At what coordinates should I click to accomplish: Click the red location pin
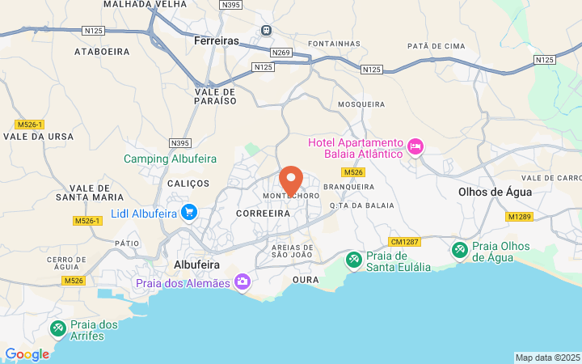291,180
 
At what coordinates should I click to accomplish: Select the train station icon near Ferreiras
265,31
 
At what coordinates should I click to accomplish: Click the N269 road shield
281,53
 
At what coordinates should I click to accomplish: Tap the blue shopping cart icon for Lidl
189,213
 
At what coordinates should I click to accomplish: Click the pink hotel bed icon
415,146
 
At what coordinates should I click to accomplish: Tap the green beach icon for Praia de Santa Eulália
353,260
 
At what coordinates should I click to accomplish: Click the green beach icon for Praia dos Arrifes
57,328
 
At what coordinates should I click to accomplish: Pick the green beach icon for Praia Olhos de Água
459,250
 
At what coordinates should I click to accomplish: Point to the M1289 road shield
519,216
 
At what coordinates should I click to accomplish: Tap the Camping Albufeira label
169,159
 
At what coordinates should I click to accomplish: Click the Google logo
27,354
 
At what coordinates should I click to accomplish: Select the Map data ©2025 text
548,358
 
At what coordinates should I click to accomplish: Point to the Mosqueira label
361,104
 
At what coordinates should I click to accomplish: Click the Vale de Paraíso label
216,96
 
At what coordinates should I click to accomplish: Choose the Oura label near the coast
306,280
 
